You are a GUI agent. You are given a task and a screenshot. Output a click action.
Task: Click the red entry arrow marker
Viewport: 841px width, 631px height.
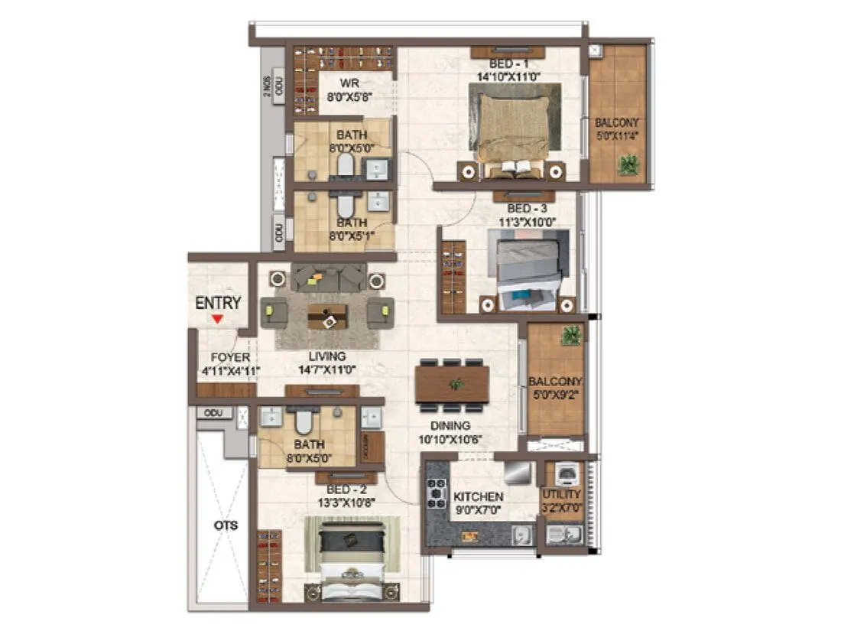(218, 318)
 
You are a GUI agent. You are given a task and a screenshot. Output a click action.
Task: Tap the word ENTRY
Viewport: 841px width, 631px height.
(218, 303)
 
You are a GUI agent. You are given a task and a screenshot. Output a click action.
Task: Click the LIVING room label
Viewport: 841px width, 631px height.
(327, 356)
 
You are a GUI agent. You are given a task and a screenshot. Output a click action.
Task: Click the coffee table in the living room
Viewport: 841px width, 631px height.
(327, 316)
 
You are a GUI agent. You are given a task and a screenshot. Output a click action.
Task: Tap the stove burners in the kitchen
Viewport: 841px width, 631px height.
(437, 493)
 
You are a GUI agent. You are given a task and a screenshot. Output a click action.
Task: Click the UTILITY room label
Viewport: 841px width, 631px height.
(561, 495)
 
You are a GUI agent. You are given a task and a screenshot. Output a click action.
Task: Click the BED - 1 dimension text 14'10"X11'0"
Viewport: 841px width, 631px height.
(508, 76)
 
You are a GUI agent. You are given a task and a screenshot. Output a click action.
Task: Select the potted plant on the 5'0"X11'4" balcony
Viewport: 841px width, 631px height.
(628, 164)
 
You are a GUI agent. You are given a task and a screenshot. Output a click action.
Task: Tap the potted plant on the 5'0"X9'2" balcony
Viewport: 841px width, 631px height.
(569, 335)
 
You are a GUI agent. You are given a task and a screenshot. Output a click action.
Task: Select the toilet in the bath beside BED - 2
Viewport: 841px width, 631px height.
(304, 421)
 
